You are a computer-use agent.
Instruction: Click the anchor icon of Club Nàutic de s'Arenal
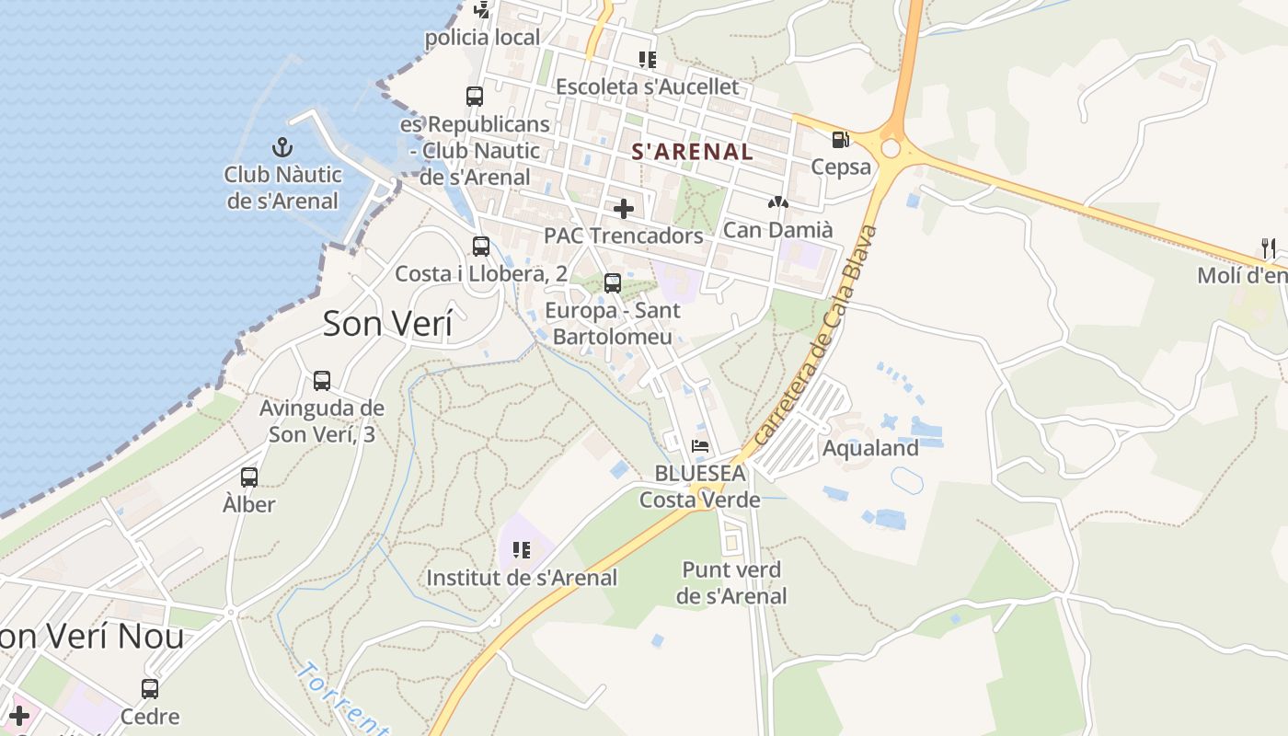tap(282, 147)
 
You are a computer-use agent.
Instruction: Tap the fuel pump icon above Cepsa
tap(840, 140)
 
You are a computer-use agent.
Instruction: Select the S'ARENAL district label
tap(693, 152)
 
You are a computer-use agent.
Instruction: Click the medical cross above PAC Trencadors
tap(624, 209)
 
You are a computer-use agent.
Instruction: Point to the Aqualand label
tap(870, 448)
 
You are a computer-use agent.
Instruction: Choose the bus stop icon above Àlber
tap(249, 477)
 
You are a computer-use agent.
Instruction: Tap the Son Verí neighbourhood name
tap(387, 324)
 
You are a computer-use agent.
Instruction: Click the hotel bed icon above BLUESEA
tap(701, 447)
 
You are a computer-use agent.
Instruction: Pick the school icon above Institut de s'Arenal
tap(522, 550)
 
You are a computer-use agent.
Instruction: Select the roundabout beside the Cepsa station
tap(890, 148)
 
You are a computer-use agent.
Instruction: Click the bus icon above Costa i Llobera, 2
tap(481, 247)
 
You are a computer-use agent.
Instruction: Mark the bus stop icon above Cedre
tap(150, 688)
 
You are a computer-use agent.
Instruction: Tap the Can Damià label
tap(777, 229)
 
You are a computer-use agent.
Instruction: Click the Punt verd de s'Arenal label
tap(731, 582)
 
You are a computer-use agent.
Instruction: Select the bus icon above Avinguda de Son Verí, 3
tap(322, 380)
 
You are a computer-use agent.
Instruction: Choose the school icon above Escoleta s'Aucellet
tap(648, 60)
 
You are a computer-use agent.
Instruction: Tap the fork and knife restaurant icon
tap(1269, 247)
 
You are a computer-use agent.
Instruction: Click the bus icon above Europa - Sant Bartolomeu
tap(613, 283)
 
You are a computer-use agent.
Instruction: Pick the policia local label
tap(482, 38)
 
